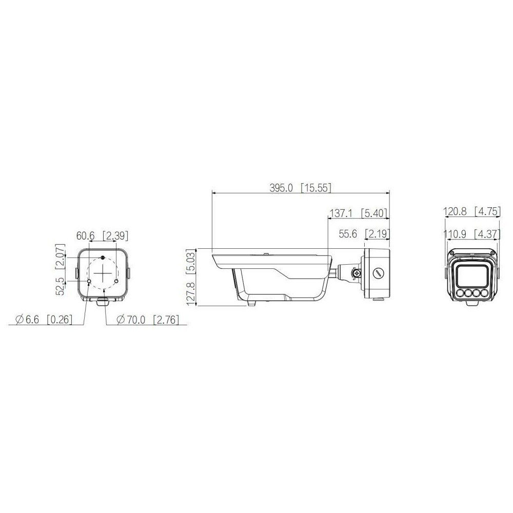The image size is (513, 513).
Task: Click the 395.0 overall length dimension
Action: click(281, 188)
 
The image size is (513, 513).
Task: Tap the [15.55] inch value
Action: click(316, 188)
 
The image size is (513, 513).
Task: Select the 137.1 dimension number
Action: click(341, 213)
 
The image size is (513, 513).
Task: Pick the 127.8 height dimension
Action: click(190, 293)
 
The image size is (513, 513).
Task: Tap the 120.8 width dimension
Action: click(455, 212)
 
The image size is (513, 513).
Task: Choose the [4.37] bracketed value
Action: click(487, 234)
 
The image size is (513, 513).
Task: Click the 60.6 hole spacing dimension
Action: click(85, 235)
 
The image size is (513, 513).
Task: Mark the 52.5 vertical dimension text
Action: click(61, 286)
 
